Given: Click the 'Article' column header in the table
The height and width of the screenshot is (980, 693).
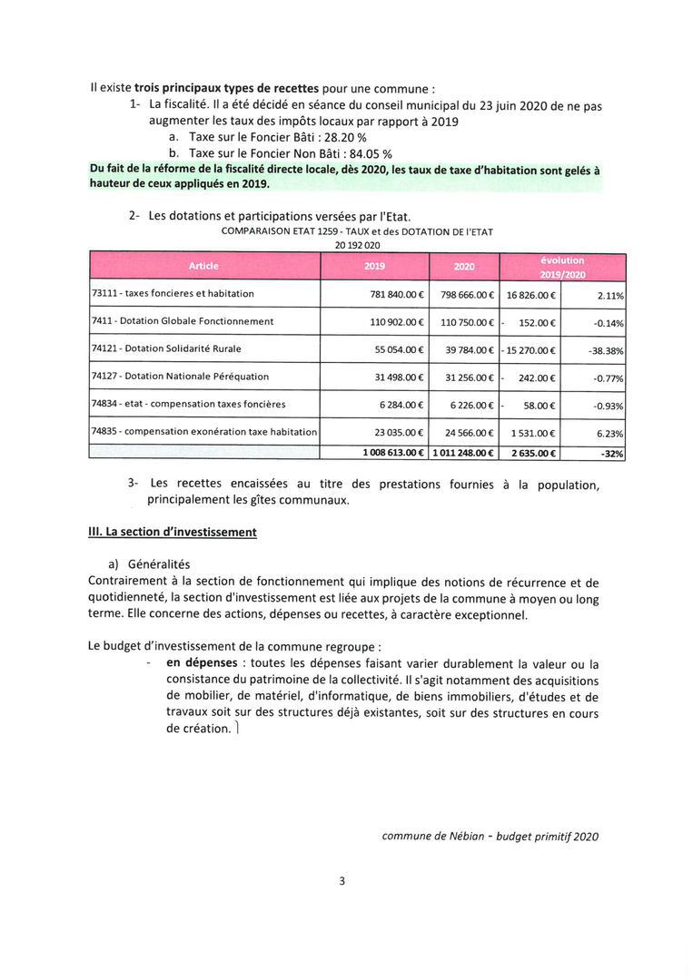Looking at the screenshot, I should [x=203, y=266].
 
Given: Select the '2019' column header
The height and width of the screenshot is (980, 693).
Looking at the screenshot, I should [x=374, y=266].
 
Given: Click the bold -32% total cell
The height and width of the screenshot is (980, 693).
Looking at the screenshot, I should [x=610, y=454].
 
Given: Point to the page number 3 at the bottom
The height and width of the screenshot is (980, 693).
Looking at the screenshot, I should [x=342, y=880].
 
